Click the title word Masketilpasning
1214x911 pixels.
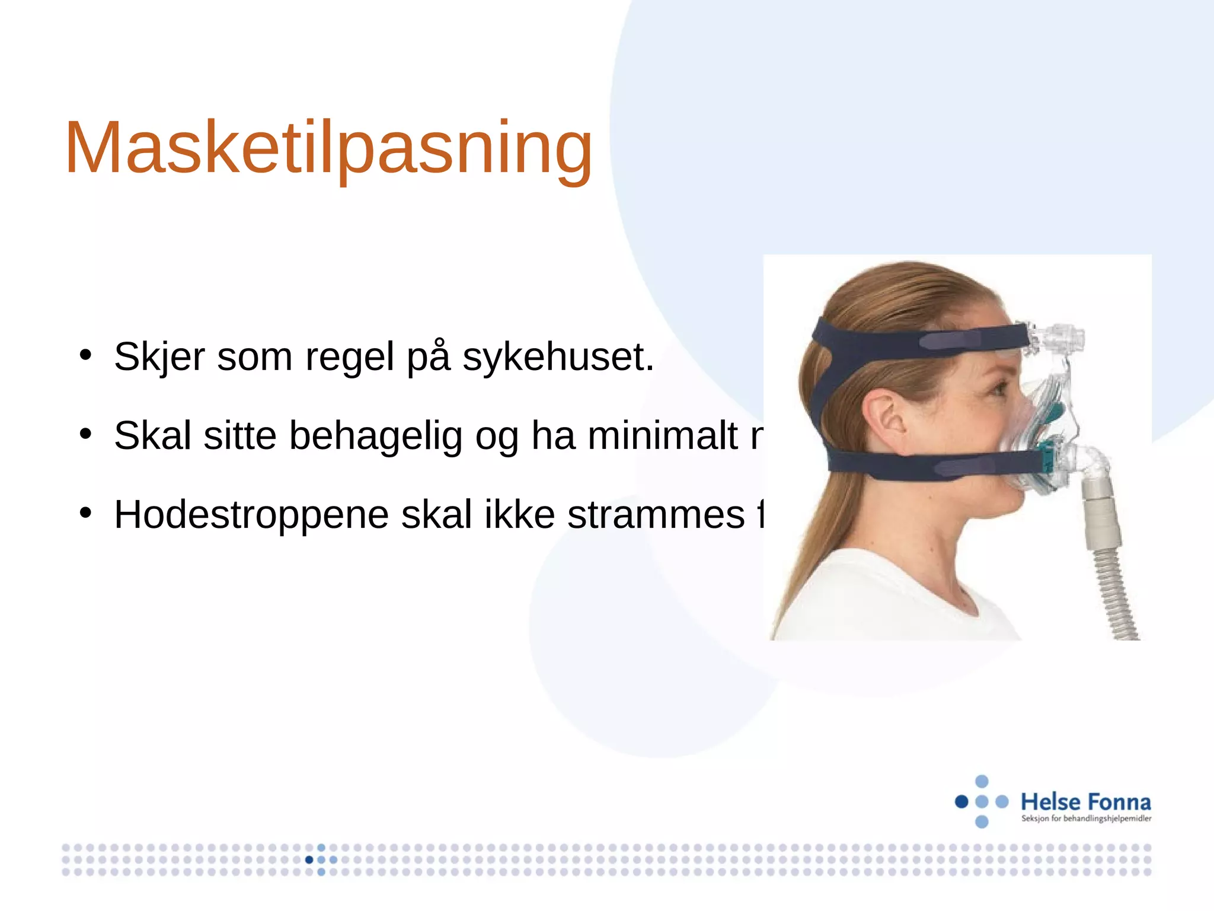click(329, 148)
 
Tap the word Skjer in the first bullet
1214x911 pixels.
click(159, 357)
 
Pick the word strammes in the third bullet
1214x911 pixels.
click(656, 514)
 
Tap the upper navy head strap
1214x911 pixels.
click(919, 338)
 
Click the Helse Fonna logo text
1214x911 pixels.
click(1085, 802)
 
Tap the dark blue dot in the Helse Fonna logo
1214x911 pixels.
click(961, 802)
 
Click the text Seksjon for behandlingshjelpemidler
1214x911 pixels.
click(1086, 819)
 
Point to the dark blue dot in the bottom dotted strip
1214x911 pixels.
click(309, 859)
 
